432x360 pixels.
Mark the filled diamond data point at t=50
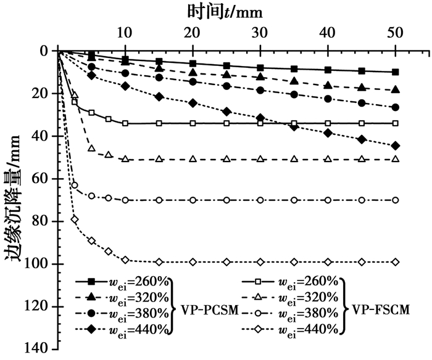coord(395,145)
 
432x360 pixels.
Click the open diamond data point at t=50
coord(395,262)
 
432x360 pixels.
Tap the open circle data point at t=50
coord(395,200)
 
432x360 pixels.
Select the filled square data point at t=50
coord(395,72)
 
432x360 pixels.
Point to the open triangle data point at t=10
coord(125,159)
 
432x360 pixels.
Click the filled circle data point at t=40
coord(328,99)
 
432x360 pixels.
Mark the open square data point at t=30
coord(260,123)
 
